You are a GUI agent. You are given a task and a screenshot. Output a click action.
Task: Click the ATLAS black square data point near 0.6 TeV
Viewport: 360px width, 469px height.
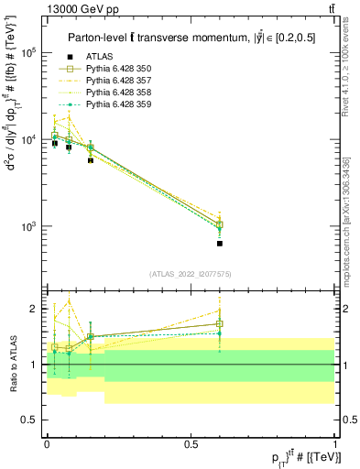coord(220,244)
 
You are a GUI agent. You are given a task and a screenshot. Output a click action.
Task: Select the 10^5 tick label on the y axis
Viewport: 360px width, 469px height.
coord(27,53)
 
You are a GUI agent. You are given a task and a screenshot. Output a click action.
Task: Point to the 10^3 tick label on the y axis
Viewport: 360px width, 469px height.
coord(27,226)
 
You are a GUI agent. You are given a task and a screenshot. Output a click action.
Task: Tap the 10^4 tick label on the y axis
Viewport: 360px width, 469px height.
coord(27,140)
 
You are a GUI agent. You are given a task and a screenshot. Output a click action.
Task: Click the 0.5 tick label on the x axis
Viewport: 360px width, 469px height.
coord(191,443)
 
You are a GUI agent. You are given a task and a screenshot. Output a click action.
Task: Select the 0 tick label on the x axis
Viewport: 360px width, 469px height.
coord(47,443)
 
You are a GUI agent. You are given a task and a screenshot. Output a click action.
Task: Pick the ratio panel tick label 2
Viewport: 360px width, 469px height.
coord(34,309)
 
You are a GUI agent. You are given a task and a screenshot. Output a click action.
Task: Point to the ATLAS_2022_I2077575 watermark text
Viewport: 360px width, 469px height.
coord(190,274)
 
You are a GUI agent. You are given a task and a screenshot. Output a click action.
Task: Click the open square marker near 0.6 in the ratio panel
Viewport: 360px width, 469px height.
coord(220,323)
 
